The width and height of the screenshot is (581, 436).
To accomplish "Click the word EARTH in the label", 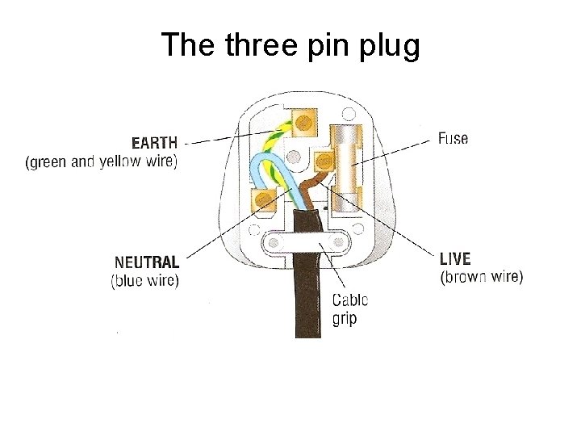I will coord(154,143).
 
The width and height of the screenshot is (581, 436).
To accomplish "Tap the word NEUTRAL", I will coord(147,262).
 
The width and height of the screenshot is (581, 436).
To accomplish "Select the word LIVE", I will coord(455,259).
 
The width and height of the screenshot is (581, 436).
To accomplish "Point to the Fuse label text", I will coord(453,138).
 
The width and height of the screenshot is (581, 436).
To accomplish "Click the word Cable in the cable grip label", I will coord(350,300).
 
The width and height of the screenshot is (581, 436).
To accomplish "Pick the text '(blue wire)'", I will coord(144,281).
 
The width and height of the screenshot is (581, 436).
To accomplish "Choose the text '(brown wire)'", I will coord(481,277).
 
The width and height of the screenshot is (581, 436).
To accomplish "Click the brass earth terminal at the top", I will coord(303,121).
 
